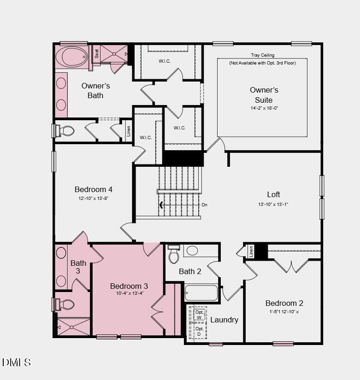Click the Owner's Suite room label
tap(264, 95)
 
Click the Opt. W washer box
tap(199, 315)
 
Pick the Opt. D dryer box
tap(199, 331)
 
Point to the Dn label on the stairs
tap(204, 205)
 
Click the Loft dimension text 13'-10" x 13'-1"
tap(273, 204)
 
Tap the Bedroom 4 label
tap(94, 189)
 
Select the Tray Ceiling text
tap(262, 55)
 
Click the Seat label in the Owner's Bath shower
tap(97, 53)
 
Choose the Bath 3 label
tap(78, 267)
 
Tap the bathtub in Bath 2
tap(201, 293)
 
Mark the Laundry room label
tap(224, 320)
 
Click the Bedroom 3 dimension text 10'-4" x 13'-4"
tap(129, 293)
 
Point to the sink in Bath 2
tap(192, 251)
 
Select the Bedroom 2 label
tap(284, 303)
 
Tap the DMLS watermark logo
tap(17, 362)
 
